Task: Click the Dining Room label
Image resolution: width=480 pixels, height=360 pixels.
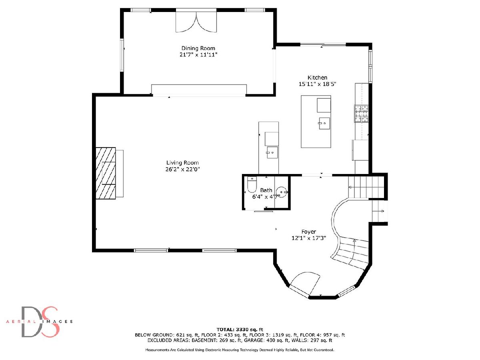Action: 198,48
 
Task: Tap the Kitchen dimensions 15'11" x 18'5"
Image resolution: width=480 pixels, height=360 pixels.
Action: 317,84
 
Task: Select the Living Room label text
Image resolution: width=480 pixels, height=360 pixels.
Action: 182,163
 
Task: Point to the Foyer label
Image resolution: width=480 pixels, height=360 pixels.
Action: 308,232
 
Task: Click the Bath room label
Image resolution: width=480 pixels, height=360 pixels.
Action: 266,190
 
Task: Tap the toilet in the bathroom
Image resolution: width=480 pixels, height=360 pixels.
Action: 252,184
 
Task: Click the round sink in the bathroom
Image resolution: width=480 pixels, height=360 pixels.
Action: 282,192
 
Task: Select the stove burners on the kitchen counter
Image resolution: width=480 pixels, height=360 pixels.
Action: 361,114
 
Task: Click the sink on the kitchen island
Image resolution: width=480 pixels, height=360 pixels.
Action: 324,123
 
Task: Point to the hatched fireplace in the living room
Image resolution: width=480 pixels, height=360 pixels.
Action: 106,173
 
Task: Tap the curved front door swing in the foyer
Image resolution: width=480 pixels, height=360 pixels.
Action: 305,284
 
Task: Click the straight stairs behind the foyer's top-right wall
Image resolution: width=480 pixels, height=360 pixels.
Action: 366,187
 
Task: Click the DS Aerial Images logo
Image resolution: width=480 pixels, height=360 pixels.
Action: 39,322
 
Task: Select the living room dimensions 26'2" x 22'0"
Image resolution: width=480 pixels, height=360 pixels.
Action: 182,169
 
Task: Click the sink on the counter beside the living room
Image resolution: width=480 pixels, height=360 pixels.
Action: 272,152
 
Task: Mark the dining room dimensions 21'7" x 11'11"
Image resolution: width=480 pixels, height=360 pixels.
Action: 198,55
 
